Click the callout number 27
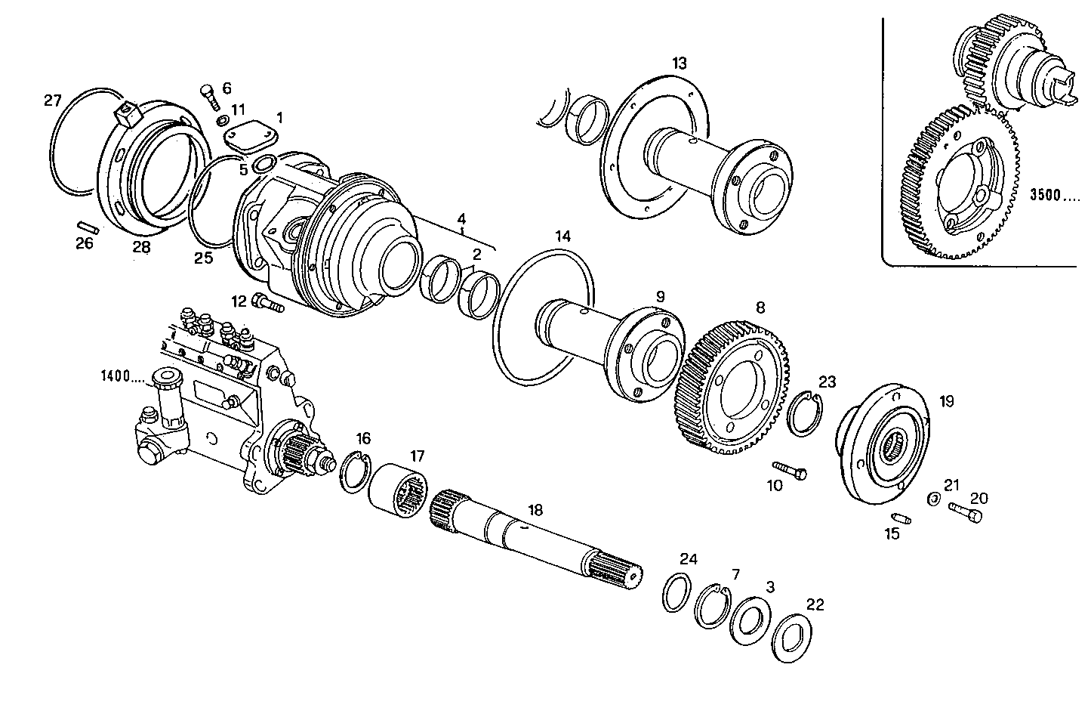tap(51, 101)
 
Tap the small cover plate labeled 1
tap(251, 137)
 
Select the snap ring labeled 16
tap(353, 471)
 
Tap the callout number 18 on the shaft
tap(535, 510)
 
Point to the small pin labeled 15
tap(901, 518)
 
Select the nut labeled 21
tap(933, 498)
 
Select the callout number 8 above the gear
tap(760, 308)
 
